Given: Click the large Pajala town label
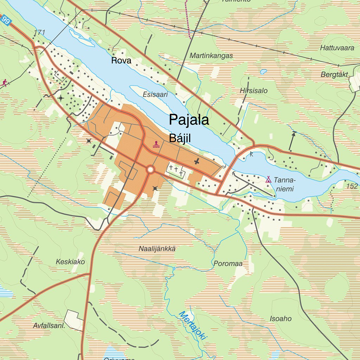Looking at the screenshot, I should point(189,120).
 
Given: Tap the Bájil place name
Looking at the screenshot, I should point(180,138).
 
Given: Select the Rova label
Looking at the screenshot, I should point(121,60).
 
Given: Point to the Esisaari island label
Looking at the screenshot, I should point(155,94).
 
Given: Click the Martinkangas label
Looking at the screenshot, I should point(211,56).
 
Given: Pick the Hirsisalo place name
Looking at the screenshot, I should point(253,90).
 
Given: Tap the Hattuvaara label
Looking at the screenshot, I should point(337,48).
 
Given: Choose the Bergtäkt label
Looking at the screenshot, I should point(334,75).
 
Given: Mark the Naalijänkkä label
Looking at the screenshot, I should point(157,249).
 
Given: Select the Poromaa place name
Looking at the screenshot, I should point(228,263).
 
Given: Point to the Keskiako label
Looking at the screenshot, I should point(70,262).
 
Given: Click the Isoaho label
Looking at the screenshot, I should point(281,319).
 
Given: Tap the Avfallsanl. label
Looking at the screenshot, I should point(50,326).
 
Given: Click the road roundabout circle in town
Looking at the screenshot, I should point(151,170).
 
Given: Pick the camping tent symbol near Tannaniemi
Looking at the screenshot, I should point(268,179).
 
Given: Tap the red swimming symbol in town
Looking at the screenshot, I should point(156,144).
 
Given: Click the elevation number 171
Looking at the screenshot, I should point(40,33).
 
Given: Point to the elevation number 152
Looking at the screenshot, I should point(352,186).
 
